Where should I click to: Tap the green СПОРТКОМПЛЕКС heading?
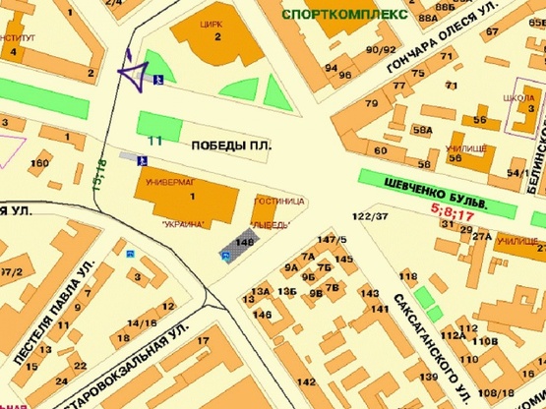click(343, 15)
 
